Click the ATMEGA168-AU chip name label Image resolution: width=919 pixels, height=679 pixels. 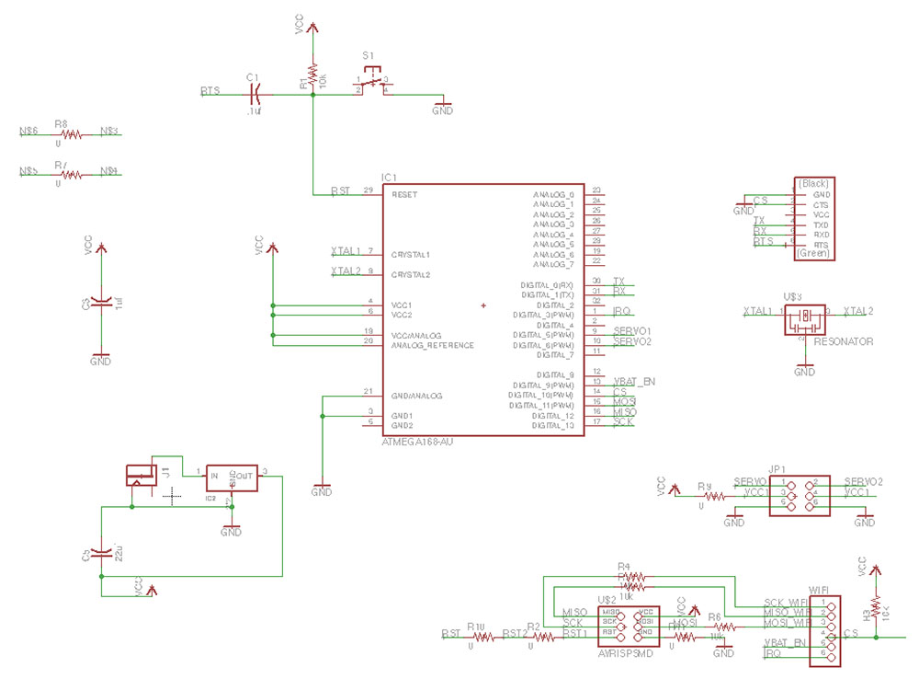pyautogui.click(x=417, y=443)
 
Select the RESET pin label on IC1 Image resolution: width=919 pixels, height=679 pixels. pyautogui.click(x=404, y=195)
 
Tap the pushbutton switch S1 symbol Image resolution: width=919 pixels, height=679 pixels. pyautogui.click(x=371, y=85)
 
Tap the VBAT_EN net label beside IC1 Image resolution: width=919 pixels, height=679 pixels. pyautogui.click(x=634, y=381)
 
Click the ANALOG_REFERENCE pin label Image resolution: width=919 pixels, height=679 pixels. pyautogui.click(x=432, y=345)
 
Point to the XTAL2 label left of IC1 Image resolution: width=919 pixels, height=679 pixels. pyautogui.click(x=346, y=271)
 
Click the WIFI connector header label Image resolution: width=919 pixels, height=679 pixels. pyautogui.click(x=821, y=590)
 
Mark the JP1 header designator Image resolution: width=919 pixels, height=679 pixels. pyautogui.click(x=777, y=467)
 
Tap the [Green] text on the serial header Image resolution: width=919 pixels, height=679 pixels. pyautogui.click(x=814, y=253)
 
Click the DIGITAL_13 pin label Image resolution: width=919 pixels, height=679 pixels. pyautogui.click(x=554, y=425)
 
